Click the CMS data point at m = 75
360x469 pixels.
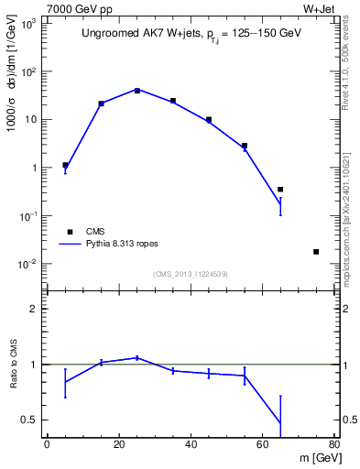(316, 252)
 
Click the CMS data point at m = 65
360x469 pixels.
(280, 190)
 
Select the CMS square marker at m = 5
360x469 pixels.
(65, 166)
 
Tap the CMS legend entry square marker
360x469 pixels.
(70, 232)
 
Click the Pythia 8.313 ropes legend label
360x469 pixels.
(129, 245)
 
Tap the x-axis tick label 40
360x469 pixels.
(191, 446)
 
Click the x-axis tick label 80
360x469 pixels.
(334, 446)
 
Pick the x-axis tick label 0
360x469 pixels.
(47, 446)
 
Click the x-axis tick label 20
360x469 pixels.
(119, 446)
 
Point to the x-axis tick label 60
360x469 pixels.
(263, 446)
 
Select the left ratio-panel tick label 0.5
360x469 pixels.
(30, 420)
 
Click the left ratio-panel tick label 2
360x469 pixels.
(36, 309)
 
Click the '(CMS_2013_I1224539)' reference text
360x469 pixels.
(190, 274)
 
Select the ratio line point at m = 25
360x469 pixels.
(136, 357)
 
